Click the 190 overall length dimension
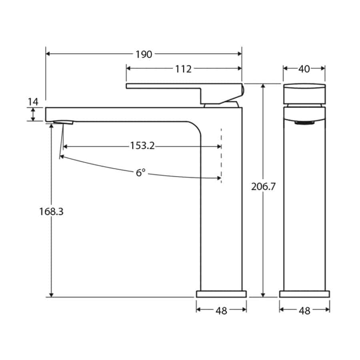[144, 54]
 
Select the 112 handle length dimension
[183, 69]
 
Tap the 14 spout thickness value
[33, 102]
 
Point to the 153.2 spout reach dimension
[142, 146]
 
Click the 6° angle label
[140, 173]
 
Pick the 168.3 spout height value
[51, 212]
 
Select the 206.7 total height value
[263, 186]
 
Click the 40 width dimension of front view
[304, 69]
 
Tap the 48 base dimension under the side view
[221, 311]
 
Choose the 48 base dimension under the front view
[304, 311]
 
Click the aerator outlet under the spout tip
[64, 122]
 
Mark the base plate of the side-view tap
[221, 294]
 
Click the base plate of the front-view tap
[304, 294]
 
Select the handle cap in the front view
[304, 93]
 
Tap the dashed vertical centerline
[221, 156]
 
